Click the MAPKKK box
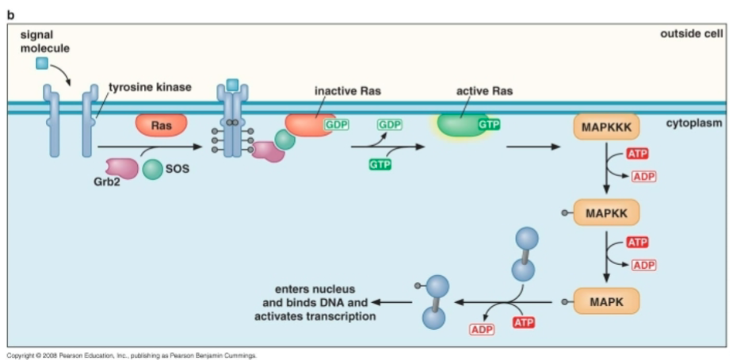pyautogui.click(x=605, y=127)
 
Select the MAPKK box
pyautogui.click(x=605, y=213)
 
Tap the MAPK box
pyautogui.click(x=605, y=301)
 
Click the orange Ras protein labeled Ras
pyautogui.click(x=162, y=124)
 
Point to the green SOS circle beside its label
pyautogui.click(x=153, y=168)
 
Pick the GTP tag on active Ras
pyautogui.click(x=488, y=124)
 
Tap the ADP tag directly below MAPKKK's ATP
pyautogui.click(x=643, y=176)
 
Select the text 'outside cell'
pyautogui.click(x=691, y=34)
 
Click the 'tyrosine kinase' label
pyautogui.click(x=150, y=86)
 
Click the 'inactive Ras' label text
pyautogui.click(x=348, y=91)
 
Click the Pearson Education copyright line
pyautogui.click(x=132, y=355)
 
